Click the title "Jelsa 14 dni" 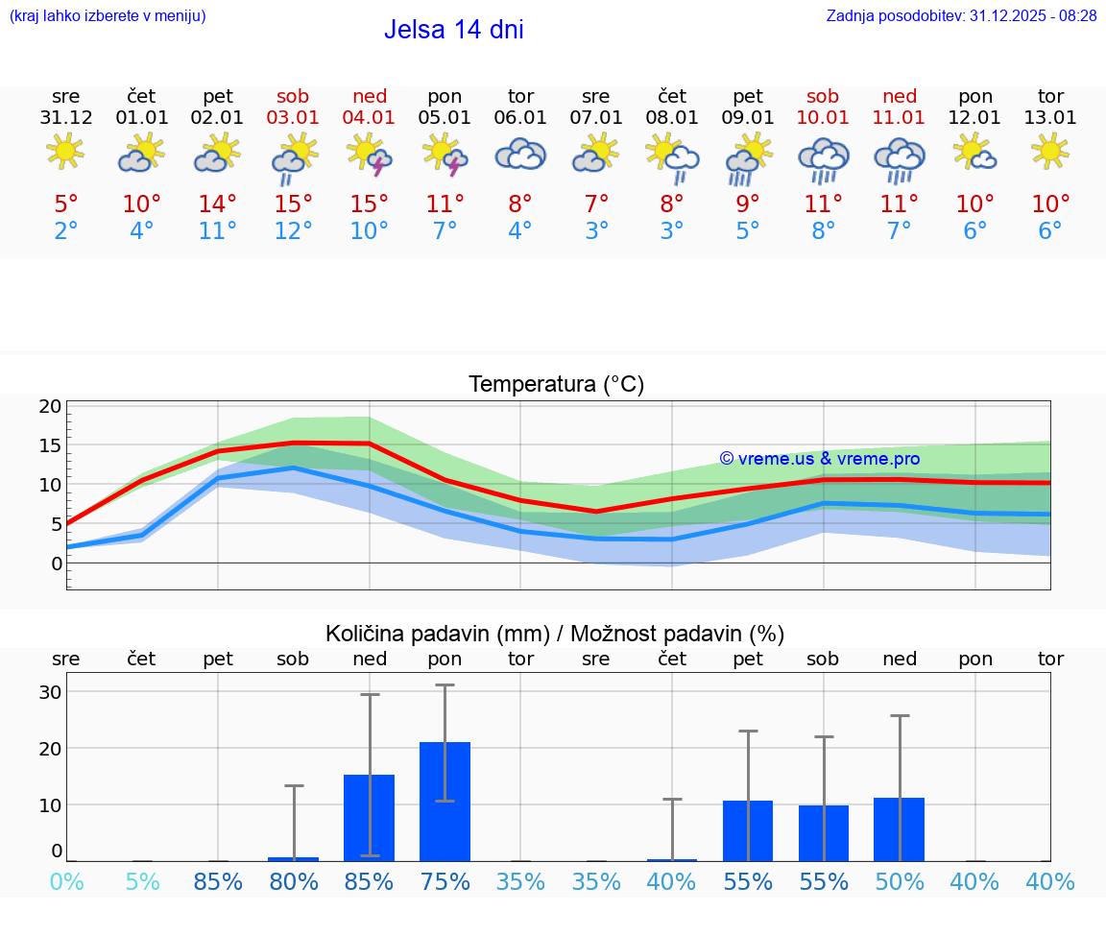pyautogui.click(x=453, y=30)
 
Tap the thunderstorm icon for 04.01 pyautogui.click(x=370, y=155)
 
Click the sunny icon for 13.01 pyautogui.click(x=1050, y=152)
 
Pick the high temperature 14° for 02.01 pyautogui.click(x=218, y=204)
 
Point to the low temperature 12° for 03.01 pyautogui.click(x=294, y=231)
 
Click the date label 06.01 pyautogui.click(x=520, y=118)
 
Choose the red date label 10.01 pyautogui.click(x=823, y=118)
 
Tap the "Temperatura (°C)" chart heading pyautogui.click(x=556, y=385)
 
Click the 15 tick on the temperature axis pyautogui.click(x=50, y=445)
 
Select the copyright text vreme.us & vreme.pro pyautogui.click(x=820, y=459)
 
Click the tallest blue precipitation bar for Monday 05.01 pyautogui.click(x=445, y=802)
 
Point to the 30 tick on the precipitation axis pyautogui.click(x=50, y=692)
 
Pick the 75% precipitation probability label pyautogui.click(x=445, y=881)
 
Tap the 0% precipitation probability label pyautogui.click(x=66, y=881)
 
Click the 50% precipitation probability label pyautogui.click(x=900, y=881)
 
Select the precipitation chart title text pyautogui.click(x=555, y=634)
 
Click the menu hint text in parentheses pyautogui.click(x=108, y=16)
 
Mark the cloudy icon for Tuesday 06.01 pyautogui.click(x=520, y=155)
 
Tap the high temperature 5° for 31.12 pyautogui.click(x=66, y=204)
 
